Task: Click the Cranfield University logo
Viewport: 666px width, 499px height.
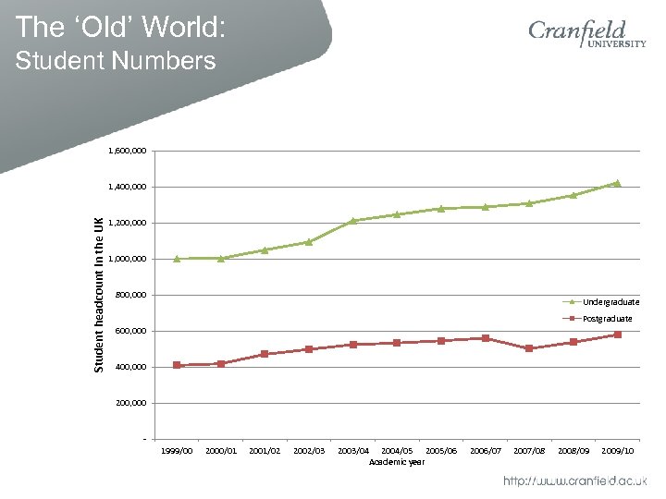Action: coord(586,40)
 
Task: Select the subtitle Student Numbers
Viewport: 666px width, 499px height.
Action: coord(116,62)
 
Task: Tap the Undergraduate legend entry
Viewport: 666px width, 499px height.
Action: coord(610,302)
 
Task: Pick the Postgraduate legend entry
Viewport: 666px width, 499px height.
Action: coord(607,319)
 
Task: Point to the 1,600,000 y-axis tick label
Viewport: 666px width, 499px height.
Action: coord(126,151)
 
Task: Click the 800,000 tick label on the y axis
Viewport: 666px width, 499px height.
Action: coord(129,295)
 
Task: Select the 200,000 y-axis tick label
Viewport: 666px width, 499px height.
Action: coord(129,403)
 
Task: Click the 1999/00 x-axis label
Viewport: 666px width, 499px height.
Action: coord(177,450)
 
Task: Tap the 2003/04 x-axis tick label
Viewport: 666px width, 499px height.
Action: coord(353,450)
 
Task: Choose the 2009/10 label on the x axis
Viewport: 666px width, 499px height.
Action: coord(617,450)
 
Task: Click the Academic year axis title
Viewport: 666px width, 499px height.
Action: coord(397,461)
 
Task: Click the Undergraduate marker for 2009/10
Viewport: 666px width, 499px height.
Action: coord(617,183)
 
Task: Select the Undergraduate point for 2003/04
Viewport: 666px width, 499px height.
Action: coord(353,220)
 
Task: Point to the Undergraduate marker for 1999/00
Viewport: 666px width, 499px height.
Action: coord(177,259)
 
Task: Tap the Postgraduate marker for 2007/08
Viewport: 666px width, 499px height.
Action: coord(529,348)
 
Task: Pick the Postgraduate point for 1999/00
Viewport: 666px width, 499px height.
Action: coord(177,365)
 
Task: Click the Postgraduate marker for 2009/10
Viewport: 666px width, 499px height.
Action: coord(617,335)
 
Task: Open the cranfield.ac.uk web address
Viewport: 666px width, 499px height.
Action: coord(574,481)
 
